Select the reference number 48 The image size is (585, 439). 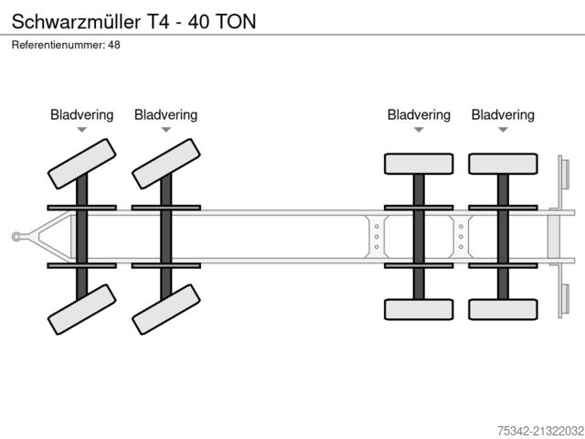114,44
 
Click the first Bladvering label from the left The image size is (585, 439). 81,115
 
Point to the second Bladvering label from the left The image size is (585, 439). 165,115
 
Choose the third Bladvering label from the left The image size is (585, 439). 419,115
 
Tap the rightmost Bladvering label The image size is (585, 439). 503,115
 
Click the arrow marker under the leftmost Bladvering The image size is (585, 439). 81,131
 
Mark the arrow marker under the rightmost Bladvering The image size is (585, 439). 503,131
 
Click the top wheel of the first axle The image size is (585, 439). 81,162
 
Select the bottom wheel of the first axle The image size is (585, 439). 81,308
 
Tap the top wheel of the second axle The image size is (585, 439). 165,162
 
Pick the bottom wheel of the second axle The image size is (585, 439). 165,308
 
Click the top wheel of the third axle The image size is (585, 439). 419,164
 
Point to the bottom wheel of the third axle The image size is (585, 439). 419,309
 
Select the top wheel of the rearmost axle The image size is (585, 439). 503,164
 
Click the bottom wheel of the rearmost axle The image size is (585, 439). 503,309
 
